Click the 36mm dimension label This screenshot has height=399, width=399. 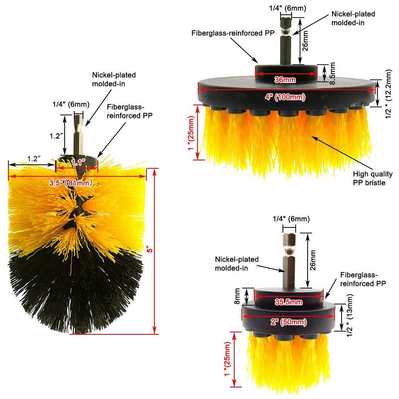285,80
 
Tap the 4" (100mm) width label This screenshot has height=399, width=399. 285,97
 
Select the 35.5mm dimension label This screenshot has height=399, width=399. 288,302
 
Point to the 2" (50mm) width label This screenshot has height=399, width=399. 288,322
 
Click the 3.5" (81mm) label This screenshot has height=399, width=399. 71,183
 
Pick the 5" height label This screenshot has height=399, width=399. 150,249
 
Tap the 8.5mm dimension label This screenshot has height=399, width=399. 332,73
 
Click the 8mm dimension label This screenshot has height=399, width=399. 237,296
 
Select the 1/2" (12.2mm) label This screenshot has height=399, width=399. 389,94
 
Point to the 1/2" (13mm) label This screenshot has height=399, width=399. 350,316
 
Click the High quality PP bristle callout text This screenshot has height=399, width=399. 373,178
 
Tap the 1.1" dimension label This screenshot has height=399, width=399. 78,162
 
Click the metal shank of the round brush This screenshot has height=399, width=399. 78,134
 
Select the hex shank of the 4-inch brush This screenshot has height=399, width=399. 286,40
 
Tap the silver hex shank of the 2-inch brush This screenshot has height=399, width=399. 290,261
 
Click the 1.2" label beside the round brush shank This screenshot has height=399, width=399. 56,136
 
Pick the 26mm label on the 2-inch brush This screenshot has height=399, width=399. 313,260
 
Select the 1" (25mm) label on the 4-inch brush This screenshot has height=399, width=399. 192,133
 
